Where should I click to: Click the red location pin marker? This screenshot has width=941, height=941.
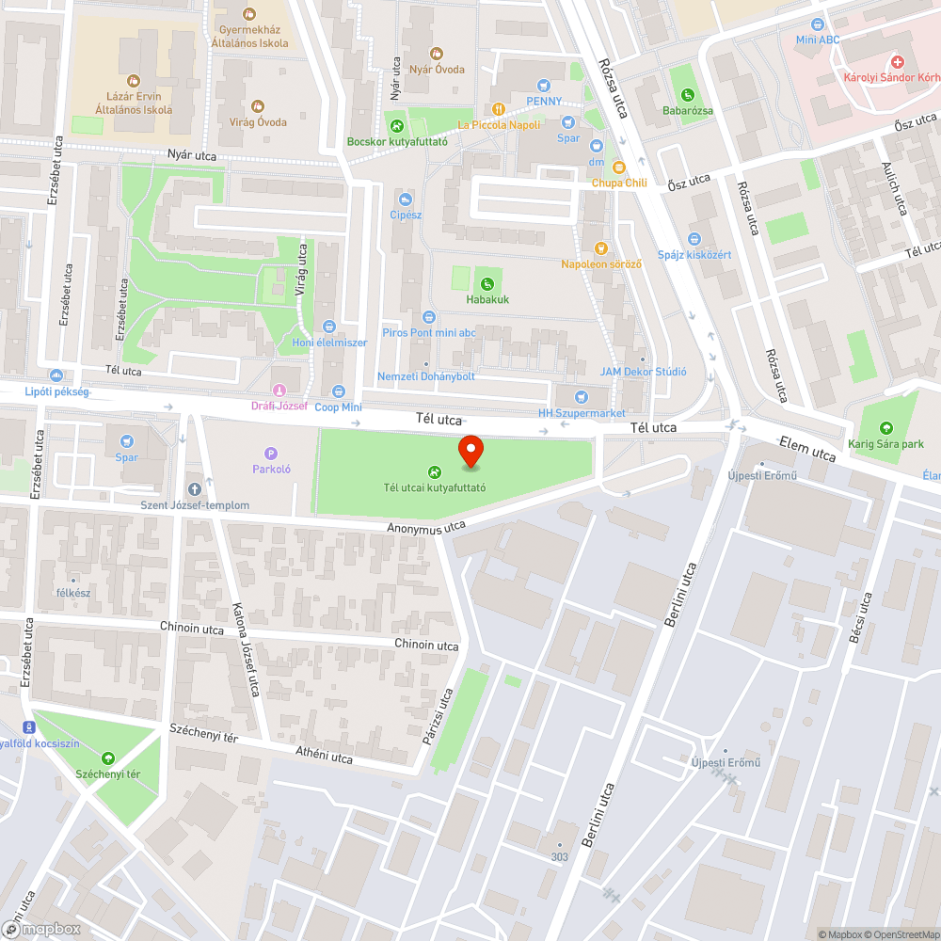470,453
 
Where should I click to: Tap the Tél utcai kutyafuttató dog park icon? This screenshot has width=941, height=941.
434,472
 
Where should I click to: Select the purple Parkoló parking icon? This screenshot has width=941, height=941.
271,453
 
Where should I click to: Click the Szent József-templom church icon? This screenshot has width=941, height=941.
195,488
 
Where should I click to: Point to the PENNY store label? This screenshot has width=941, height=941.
544,101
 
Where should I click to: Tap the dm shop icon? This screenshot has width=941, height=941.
596,146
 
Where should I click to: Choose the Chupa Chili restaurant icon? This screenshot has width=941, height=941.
618,167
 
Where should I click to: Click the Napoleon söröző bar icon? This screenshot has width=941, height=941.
601,248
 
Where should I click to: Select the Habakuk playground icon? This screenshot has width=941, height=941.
486,283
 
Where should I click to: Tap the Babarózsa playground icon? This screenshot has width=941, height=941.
688,94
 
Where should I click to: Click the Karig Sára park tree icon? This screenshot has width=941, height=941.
885,428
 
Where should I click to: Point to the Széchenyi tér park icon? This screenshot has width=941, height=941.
108,758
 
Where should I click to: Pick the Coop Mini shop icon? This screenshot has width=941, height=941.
339,391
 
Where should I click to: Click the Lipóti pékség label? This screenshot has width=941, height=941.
56,391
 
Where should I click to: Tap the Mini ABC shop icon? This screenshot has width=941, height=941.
817,24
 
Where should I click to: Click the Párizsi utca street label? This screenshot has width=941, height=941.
439,717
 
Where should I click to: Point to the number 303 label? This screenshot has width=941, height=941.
560,856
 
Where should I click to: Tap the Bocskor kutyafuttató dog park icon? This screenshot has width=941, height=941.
396,125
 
